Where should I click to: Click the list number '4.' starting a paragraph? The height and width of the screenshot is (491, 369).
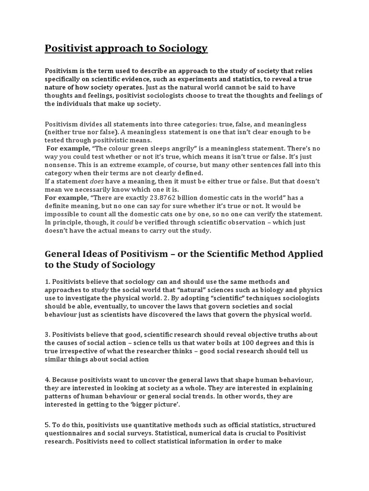[48, 379]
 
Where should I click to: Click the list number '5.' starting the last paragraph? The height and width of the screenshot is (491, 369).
[48, 425]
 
